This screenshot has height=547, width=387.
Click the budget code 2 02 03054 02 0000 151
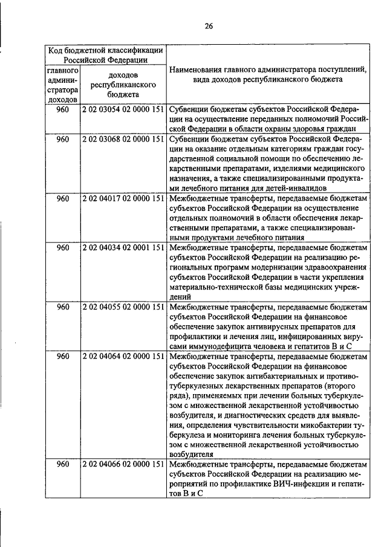123,109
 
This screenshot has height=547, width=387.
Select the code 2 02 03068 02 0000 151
123,139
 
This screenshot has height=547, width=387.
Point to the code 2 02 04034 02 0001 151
123,248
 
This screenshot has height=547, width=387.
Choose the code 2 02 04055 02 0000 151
123,307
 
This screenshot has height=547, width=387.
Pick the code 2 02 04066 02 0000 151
123,464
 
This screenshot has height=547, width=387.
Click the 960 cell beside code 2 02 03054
63,109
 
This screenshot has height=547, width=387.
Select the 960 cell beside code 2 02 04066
63,464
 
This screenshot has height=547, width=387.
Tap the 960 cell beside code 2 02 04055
63,307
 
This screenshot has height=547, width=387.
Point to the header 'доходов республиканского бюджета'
123,84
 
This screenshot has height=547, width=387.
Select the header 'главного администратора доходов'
63,84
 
